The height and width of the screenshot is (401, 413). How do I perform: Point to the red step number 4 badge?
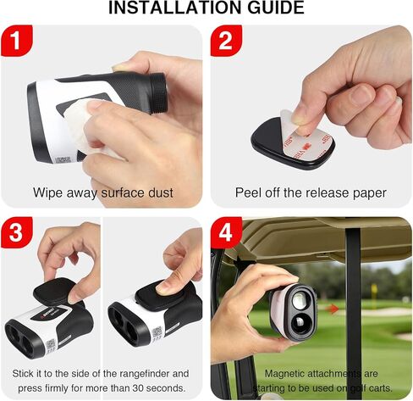click(x=226, y=234)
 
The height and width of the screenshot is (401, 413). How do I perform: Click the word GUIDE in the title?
click(x=273, y=8)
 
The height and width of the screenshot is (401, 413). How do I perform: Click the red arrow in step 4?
click(x=333, y=309)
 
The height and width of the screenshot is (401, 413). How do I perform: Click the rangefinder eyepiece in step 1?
click(x=157, y=90)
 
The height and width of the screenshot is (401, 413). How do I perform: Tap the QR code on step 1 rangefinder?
click(x=63, y=159)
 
